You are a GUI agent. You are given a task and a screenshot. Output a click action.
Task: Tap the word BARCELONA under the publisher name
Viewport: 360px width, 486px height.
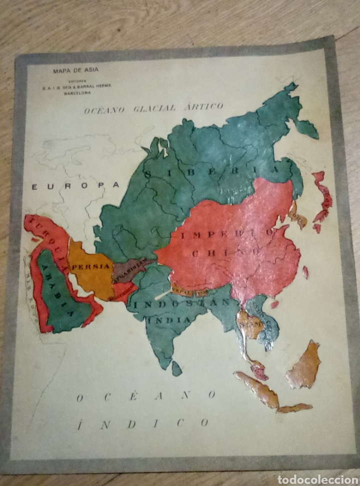77,93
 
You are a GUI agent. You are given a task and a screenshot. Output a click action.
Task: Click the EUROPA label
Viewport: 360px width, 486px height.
75,186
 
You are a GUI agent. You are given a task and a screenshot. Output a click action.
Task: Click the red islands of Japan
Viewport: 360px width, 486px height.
322,198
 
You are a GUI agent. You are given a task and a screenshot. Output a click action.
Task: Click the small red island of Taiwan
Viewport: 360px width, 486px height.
305,272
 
